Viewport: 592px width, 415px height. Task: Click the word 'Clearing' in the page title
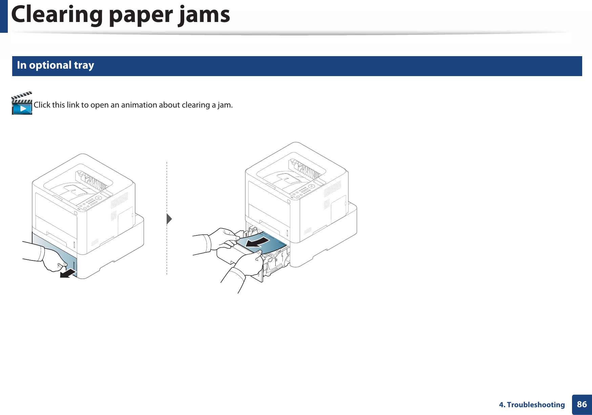point(57,15)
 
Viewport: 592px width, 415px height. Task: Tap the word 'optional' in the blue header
point(50,65)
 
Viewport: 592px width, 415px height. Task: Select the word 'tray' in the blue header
point(84,65)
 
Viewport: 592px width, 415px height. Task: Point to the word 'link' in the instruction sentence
point(73,105)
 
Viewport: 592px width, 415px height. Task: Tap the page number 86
point(582,404)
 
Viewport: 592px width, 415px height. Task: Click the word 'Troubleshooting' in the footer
point(536,405)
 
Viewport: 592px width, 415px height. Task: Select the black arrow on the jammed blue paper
point(257,242)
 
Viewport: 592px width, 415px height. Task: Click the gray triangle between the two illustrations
point(169,219)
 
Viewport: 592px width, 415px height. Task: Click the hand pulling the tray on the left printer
point(54,260)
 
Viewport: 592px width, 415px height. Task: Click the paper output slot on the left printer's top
point(94,181)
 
